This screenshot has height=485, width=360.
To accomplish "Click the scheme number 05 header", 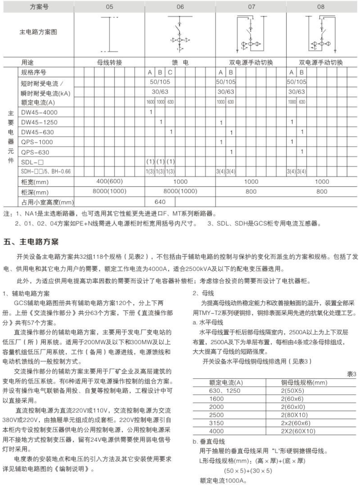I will [x=110, y=7].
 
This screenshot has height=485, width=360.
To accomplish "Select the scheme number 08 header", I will [x=321, y=7].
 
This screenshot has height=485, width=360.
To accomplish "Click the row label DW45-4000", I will [x=39, y=113].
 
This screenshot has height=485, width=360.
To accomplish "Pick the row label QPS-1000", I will [x=37, y=142].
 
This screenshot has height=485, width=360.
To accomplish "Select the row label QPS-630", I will [x=35, y=152].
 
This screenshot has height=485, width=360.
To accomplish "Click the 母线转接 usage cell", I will [x=110, y=62].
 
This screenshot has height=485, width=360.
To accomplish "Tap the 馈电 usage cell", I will [x=180, y=62].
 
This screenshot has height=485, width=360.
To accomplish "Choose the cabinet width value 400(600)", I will [x=110, y=182].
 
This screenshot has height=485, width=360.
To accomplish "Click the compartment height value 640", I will [x=160, y=202].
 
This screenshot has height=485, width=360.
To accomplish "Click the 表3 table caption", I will [x=351, y=374].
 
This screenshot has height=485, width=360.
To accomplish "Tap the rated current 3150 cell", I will [x=217, y=423].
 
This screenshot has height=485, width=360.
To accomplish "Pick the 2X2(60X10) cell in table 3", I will [x=298, y=431].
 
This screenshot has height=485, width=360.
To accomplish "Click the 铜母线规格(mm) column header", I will [x=304, y=383].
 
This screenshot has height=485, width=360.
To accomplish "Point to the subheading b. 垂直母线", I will [x=209, y=442].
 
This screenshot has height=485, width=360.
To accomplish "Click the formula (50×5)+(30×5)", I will [x=248, y=471].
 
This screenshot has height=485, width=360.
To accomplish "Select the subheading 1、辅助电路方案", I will [x=26, y=293].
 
